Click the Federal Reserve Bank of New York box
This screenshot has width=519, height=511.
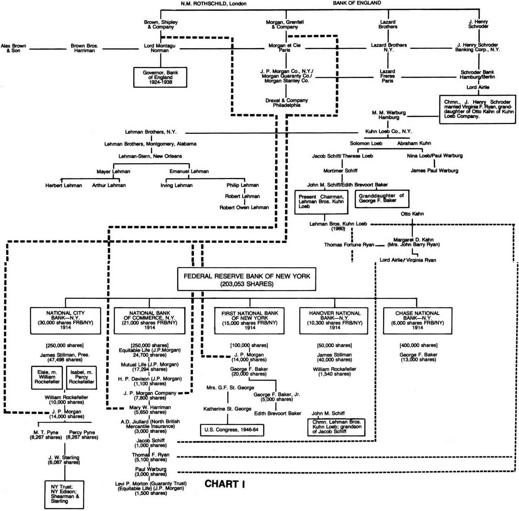pos(246,279)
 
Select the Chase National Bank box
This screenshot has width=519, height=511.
pos(417,320)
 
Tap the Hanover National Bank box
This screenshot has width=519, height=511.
pos(334,320)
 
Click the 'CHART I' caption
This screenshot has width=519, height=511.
pos(225,484)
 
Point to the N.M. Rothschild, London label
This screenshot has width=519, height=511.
pos(213,4)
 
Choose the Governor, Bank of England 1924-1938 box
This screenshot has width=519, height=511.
pos(160,77)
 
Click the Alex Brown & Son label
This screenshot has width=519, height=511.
pos(13,48)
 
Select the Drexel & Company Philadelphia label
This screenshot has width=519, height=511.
pos(287,103)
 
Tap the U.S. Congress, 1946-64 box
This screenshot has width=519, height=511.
pos(232,430)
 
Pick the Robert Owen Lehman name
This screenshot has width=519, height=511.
pos(244,207)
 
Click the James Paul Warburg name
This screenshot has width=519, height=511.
pos(434,171)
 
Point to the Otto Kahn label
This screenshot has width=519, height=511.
pos(412,214)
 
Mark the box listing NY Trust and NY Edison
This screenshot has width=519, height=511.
pos(64,494)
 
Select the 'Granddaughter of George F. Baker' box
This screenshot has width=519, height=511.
pos(382,198)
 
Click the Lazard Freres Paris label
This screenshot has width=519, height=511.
pos(387,76)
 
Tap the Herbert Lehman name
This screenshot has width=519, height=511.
pos(64,185)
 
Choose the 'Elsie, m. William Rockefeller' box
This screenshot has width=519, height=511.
pos(47,377)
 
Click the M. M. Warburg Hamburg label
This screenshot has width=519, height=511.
pos(388,115)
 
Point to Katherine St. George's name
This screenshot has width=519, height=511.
pos(227,409)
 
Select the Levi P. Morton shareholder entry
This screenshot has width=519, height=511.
pos(151,488)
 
